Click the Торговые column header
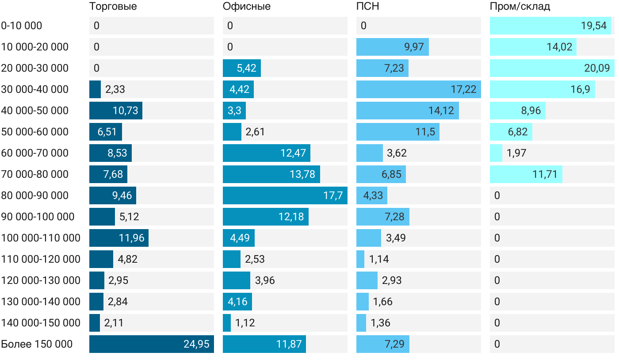[113, 7]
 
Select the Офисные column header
[246, 7]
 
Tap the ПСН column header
[367, 7]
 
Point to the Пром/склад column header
[520, 7]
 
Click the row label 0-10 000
[22, 26]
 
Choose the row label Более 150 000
[37, 344]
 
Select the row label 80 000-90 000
[35, 195]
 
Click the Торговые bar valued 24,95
[151, 344]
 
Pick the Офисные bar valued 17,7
[285, 195]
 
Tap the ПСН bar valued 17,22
[418, 89]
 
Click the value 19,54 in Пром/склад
[593, 26]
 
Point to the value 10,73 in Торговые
[125, 111]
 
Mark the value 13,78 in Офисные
[302, 174]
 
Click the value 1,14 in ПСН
[379, 259]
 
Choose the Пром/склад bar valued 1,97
[496, 153]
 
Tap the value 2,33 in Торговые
[115, 89]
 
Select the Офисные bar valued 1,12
[227, 323]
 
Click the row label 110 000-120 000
[41, 259]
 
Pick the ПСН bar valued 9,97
[392, 47]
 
